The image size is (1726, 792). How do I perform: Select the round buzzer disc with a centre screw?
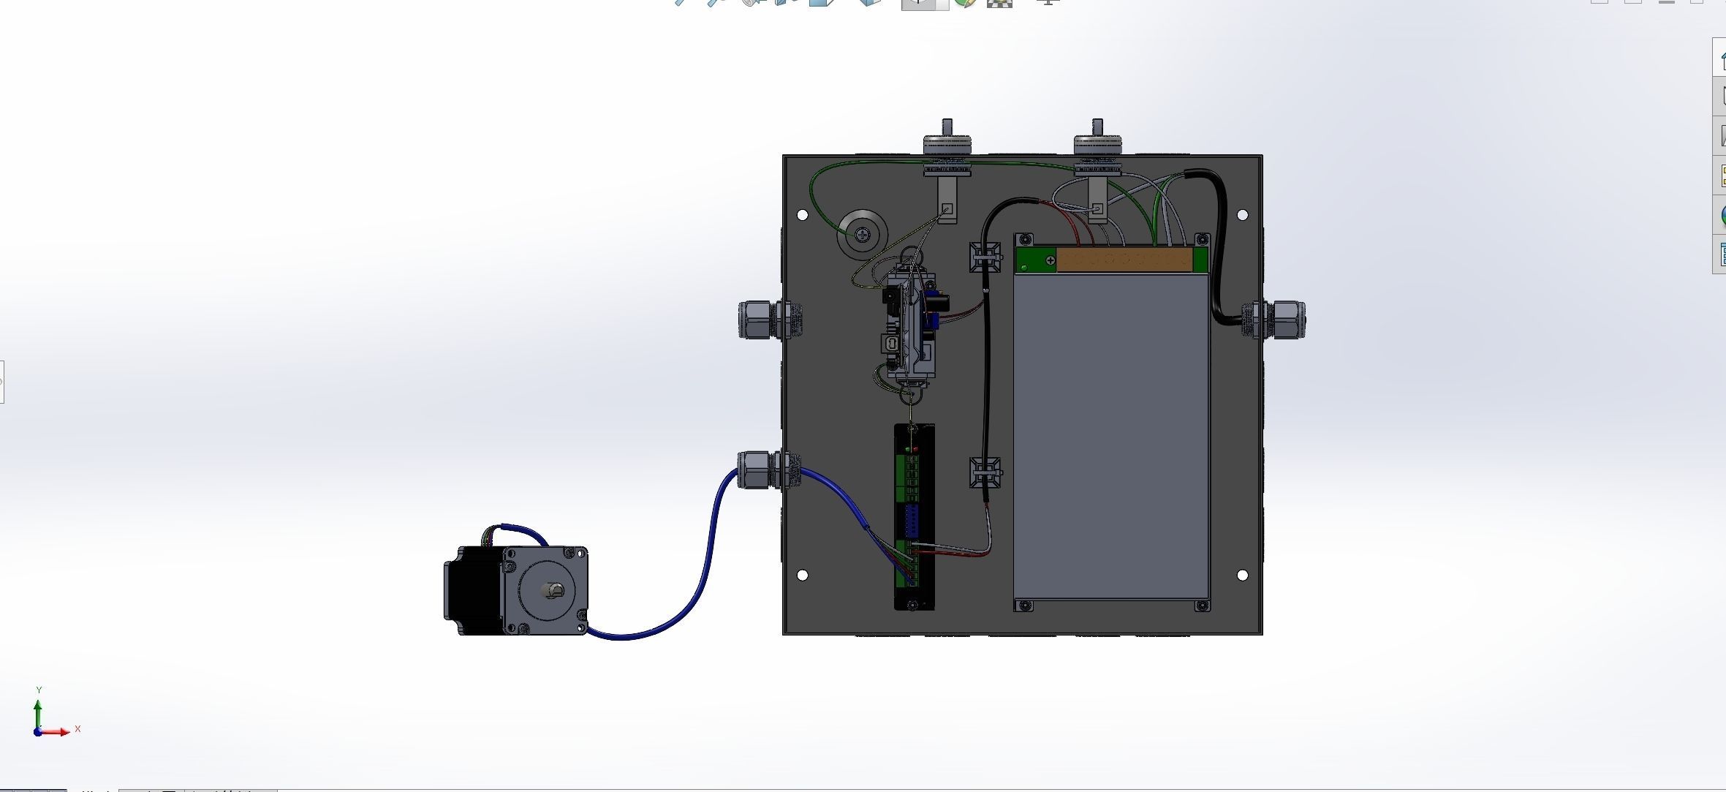click(863, 234)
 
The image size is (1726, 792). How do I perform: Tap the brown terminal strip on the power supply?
click(1124, 260)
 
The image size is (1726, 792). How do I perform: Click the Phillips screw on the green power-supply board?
click(1051, 260)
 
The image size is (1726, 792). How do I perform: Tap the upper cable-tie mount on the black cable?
click(985, 257)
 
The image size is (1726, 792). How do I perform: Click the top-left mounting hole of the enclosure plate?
click(802, 215)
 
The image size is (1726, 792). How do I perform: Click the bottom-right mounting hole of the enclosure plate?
click(1242, 576)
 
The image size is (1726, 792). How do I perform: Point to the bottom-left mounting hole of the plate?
click(802, 576)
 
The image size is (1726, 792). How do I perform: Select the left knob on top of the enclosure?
click(947, 142)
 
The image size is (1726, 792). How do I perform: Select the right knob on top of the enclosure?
click(1097, 142)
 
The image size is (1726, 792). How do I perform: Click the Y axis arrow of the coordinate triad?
click(37, 709)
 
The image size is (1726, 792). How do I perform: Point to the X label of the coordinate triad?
click(77, 729)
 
